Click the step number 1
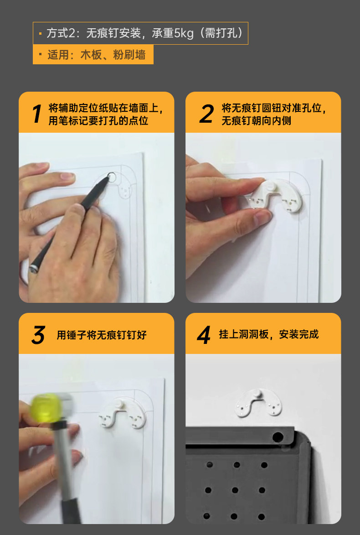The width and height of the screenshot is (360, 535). click(37, 114)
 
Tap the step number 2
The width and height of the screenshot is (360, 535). click(206, 114)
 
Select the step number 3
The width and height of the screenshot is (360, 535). click(38, 335)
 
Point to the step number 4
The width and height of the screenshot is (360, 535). click(204, 335)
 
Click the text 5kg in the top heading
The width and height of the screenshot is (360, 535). click(184, 33)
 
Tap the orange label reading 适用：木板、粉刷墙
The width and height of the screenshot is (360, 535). click(93, 55)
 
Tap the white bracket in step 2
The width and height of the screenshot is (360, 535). click(275, 196)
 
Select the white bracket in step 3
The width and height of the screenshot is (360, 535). click(123, 412)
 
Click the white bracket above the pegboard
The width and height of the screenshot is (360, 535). click(258, 403)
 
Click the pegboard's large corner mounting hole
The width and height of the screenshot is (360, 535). click(278, 437)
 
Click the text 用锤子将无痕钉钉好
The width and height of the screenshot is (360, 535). click(102, 335)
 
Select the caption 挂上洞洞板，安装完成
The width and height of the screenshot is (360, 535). click(269, 334)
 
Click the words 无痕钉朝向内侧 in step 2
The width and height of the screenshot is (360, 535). click(257, 120)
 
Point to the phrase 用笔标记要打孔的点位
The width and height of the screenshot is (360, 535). click(98, 120)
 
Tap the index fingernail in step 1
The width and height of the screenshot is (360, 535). click(67, 177)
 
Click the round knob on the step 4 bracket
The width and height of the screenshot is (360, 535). click(257, 394)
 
